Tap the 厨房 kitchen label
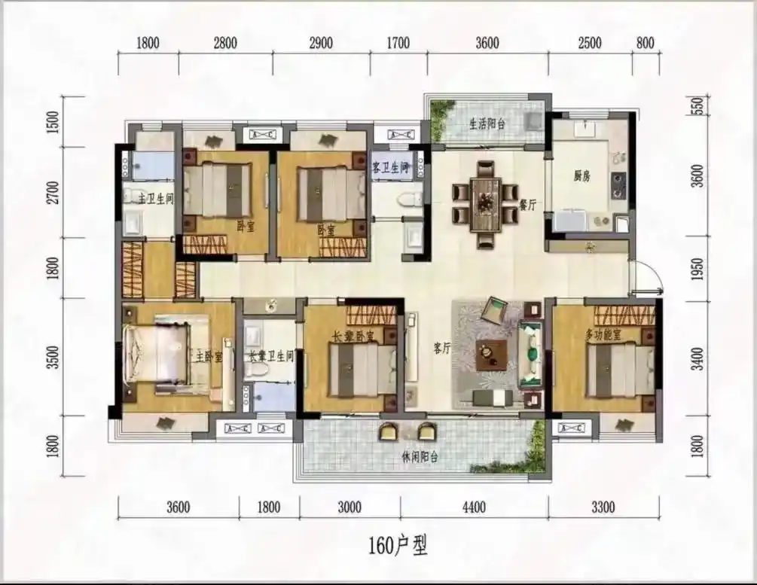(581, 177)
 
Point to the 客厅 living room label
(442, 349)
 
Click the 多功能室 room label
(603, 335)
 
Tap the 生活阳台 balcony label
(486, 124)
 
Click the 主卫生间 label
(155, 200)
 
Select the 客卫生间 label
(390, 167)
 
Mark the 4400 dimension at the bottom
(474, 507)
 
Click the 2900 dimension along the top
(321, 43)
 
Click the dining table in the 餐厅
(485, 203)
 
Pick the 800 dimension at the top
(645, 43)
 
